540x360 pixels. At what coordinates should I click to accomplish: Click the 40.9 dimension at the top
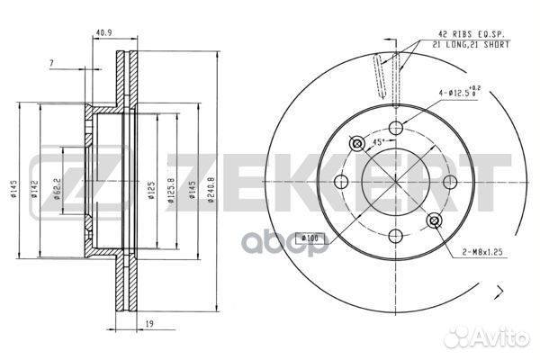pyautogui.click(x=104, y=37)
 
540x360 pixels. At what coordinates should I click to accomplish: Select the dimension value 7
pyautogui.click(x=52, y=63)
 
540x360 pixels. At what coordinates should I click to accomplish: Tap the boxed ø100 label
pyautogui.click(x=310, y=237)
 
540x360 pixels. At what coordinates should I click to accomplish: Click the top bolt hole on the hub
pyautogui.click(x=392, y=128)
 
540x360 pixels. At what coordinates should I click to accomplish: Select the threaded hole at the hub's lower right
pyautogui.click(x=435, y=221)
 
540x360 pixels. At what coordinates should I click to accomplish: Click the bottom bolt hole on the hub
pyautogui.click(x=394, y=238)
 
